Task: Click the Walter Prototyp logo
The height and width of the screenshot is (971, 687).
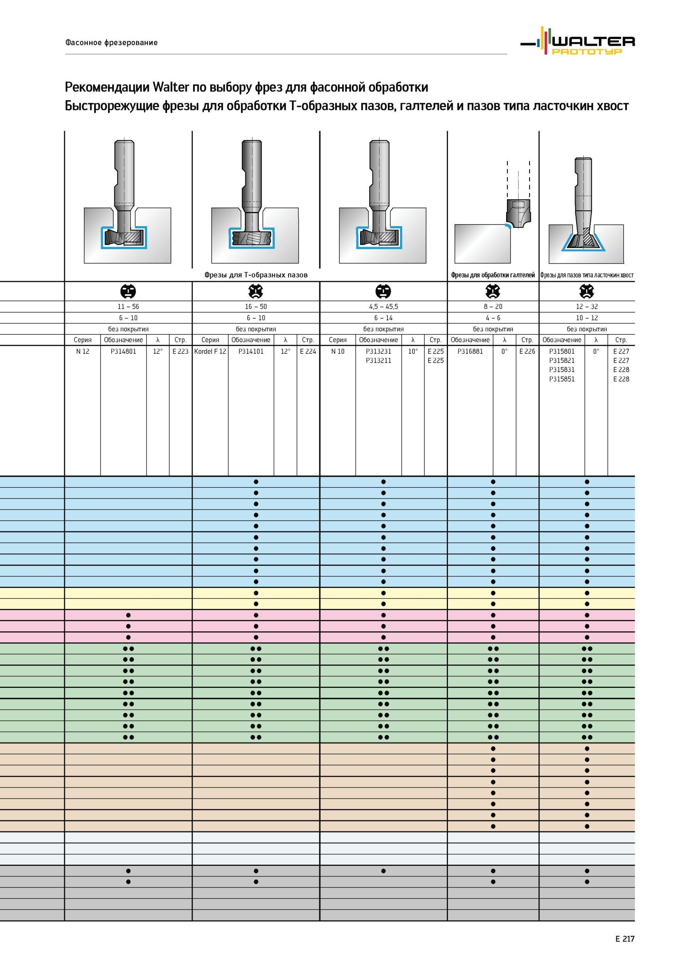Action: (577, 42)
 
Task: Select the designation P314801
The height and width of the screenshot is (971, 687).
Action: (123, 351)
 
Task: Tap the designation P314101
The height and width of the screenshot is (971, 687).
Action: (251, 351)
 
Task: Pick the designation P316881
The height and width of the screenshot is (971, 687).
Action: (470, 351)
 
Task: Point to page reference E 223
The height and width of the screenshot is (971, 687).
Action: (180, 351)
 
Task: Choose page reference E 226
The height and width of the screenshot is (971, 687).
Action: (527, 351)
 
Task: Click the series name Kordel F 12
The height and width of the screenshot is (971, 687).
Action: (210, 351)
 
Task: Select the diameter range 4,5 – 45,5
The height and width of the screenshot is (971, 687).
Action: (383, 307)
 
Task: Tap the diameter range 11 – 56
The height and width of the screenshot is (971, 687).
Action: (128, 307)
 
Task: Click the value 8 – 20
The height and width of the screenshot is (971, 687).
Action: (493, 307)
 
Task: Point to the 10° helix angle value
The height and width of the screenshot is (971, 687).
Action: (413, 351)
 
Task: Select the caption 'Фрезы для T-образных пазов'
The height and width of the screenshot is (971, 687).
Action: (256, 275)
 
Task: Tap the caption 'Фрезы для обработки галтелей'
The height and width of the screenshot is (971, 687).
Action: (493, 275)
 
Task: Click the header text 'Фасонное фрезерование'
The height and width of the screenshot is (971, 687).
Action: (111, 43)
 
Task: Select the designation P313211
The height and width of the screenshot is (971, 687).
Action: (378, 361)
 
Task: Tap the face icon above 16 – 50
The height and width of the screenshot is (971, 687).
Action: (256, 291)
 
